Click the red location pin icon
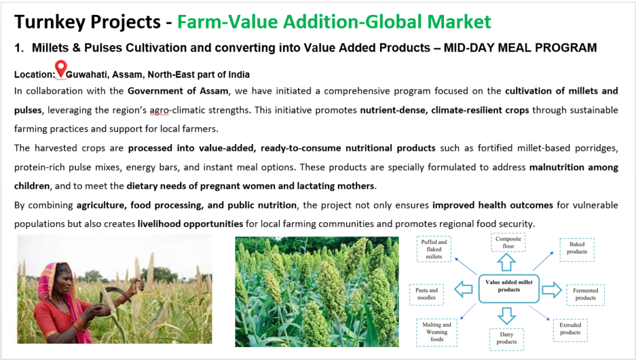coord(61,69)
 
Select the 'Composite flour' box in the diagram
coord(508,243)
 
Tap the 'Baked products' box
coord(577,248)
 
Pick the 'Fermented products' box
coord(585,294)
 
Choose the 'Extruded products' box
coord(570,329)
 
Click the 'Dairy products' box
coord(506,338)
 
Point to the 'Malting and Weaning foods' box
coord(437,332)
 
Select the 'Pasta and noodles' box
coord(426,294)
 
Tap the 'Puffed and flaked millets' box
coord(434,250)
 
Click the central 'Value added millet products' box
coord(509,289)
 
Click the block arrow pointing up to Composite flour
coord(506,262)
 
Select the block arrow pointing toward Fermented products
coord(552,290)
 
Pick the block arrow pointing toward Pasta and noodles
coord(463,289)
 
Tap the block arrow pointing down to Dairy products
coord(507,316)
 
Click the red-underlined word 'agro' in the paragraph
coord(159,110)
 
